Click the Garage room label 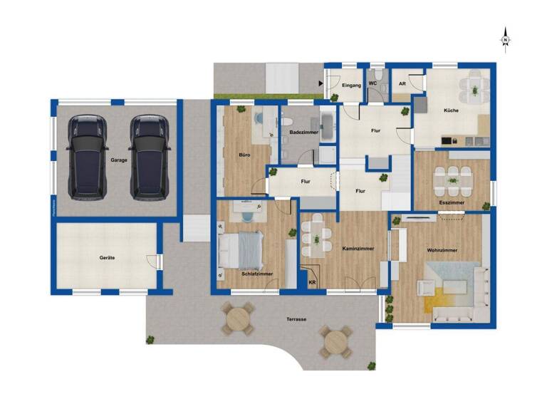tap(119, 160)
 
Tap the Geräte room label tap(107, 257)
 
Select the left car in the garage tap(85, 156)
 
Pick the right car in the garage tap(150, 156)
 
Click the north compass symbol tap(505, 39)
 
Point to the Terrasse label tap(296, 319)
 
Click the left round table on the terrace tap(237, 318)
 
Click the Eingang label tap(352, 85)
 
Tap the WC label tap(372, 84)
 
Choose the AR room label tap(402, 84)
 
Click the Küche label tap(450, 111)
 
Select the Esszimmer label tap(452, 203)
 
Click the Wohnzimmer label tap(442, 251)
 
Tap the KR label tap(312, 283)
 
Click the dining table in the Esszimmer tap(453, 182)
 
